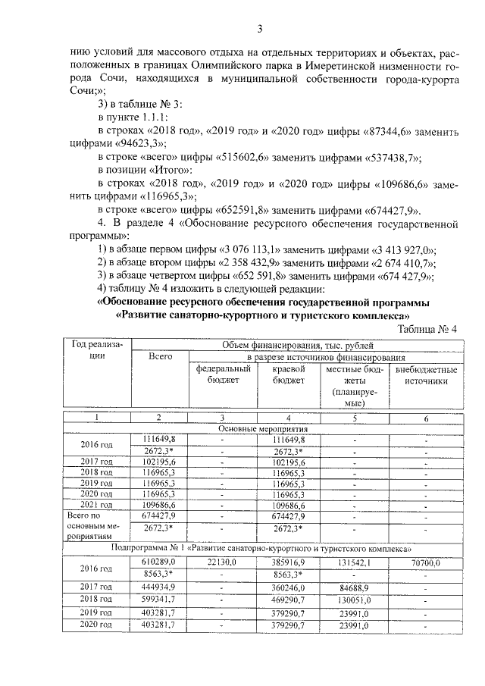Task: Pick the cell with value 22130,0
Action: (x=222, y=562)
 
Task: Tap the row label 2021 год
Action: (x=97, y=505)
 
